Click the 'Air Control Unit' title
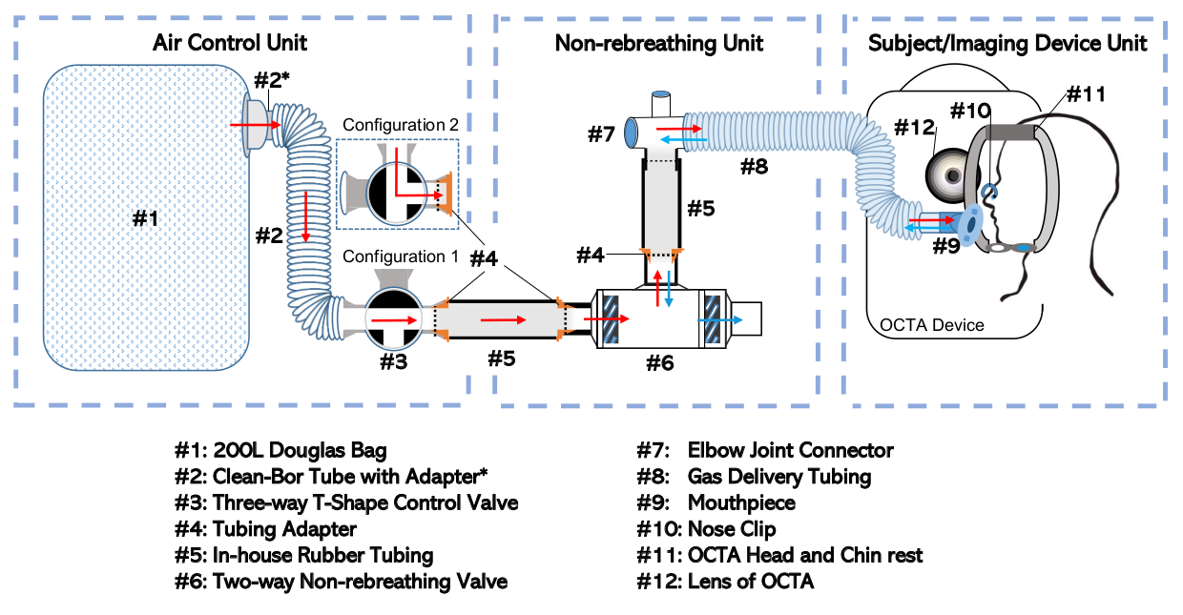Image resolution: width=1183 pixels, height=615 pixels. coord(230,43)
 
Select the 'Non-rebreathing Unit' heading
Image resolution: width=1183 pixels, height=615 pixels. coord(659,43)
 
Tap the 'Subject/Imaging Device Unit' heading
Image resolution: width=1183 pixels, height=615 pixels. coord(1007,43)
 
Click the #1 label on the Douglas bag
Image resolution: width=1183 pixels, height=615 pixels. coord(145,218)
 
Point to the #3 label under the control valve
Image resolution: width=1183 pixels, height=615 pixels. coord(393,361)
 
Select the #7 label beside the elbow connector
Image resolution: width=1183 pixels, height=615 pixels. coord(601,133)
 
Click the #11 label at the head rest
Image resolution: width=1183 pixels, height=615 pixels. coord(1087,94)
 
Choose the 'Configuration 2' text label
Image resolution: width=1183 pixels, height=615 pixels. coord(401,125)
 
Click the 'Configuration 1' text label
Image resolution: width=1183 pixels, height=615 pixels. coord(401,256)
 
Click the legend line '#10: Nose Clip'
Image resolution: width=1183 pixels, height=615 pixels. coord(706,528)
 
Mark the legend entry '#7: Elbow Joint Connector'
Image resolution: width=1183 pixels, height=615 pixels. coord(765,450)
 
